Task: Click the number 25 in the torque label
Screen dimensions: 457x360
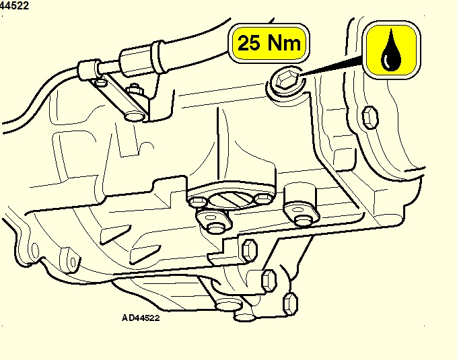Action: pyautogui.click(x=248, y=43)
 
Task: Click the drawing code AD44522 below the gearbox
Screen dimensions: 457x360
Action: pyautogui.click(x=141, y=318)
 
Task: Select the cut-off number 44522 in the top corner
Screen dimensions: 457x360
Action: pyautogui.click(x=14, y=5)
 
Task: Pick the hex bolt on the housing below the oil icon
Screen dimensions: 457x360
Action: pyautogui.click(x=370, y=117)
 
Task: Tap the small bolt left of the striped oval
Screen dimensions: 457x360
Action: pyautogui.click(x=198, y=201)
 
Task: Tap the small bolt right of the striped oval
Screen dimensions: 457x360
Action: pyautogui.click(x=263, y=199)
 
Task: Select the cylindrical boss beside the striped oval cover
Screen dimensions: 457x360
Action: pyautogui.click(x=300, y=196)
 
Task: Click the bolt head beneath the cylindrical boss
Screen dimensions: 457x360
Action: pyautogui.click(x=303, y=220)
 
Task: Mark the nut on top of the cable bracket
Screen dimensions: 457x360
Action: pyautogui.click(x=135, y=89)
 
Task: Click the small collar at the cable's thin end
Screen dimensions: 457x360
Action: pyautogui.click(x=87, y=69)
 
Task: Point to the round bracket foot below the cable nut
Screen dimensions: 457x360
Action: pyautogui.click(x=135, y=116)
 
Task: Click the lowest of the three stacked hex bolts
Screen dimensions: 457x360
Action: pyautogui.click(x=290, y=303)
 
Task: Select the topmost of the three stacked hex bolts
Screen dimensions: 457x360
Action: pyautogui.click(x=250, y=250)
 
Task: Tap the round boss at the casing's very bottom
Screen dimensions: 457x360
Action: pyautogui.click(x=229, y=306)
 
